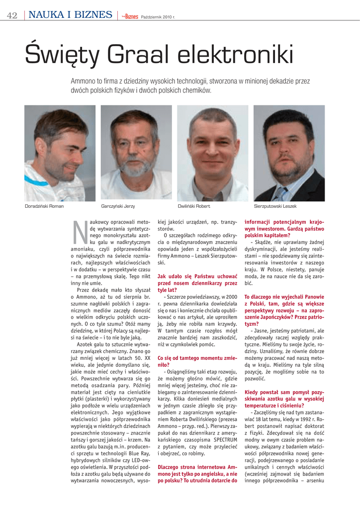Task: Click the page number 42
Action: (x=12, y=15)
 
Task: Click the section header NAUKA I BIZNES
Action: (x=70, y=15)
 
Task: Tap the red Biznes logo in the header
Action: (x=131, y=16)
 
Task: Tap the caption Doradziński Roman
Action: (x=44, y=206)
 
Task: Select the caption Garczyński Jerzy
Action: (x=118, y=206)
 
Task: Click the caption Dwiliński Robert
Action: (x=194, y=206)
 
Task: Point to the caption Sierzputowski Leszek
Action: (x=275, y=206)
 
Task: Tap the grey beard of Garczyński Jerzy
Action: (x=134, y=169)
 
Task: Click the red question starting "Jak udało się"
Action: (x=197, y=283)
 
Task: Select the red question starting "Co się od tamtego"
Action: (x=197, y=361)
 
